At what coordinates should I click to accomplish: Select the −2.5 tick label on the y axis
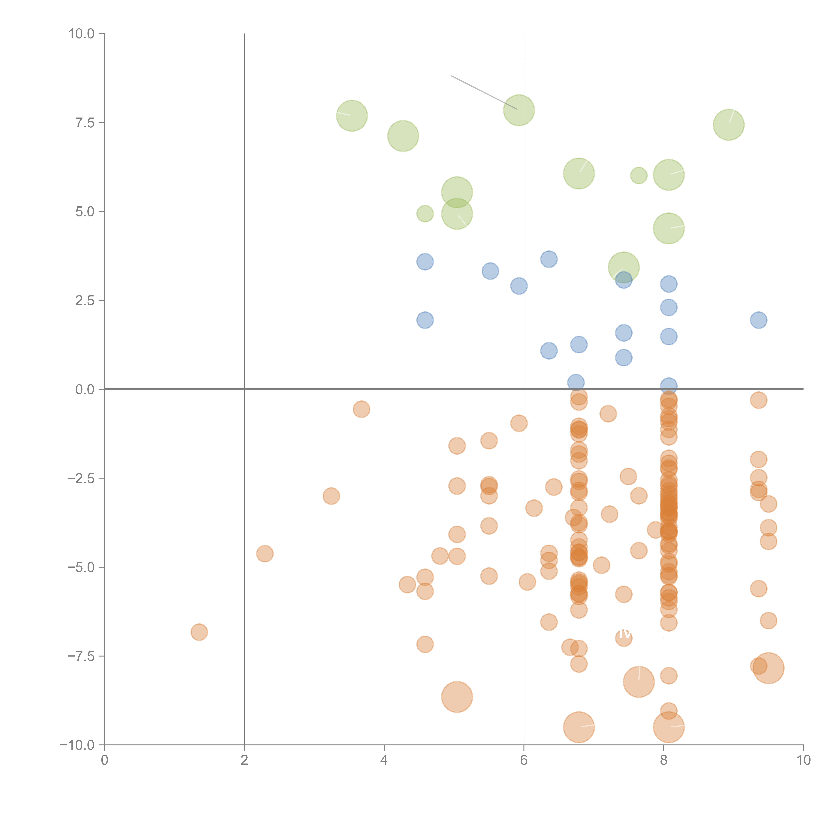coord(81,478)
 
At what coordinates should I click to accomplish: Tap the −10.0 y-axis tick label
coord(77,745)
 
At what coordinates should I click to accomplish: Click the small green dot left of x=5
coord(425,214)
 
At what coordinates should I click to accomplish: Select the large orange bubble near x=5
coord(457,697)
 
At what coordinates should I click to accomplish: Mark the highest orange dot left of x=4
coord(361,409)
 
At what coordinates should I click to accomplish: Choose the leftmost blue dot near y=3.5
coord(425,262)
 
